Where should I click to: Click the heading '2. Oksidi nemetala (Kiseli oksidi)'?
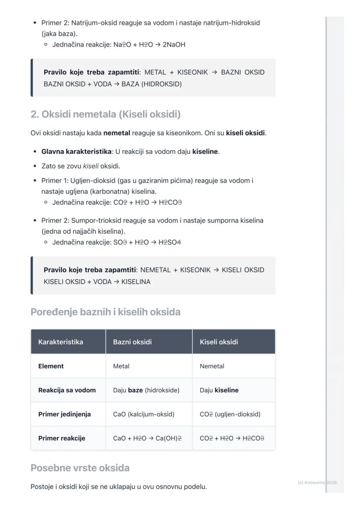105,114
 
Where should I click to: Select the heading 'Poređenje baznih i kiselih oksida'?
105,312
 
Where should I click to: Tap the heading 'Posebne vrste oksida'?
80,468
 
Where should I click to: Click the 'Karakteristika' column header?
60,342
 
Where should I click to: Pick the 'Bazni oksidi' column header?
132,342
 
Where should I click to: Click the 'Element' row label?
51,366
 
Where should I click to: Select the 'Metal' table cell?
121,366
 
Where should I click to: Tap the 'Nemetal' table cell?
212,366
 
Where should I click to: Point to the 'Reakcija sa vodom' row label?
67,390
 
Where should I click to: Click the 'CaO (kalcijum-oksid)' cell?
143,414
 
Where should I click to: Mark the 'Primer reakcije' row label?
62,438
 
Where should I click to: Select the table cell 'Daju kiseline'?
219,390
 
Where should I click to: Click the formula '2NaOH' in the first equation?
174,44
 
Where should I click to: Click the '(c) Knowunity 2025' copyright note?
317,482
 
